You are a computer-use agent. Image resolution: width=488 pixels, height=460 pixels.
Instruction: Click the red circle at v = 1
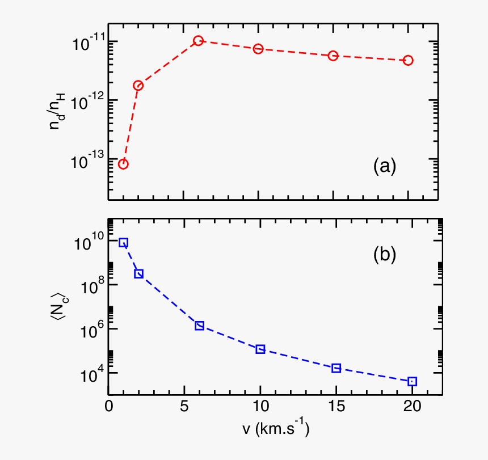(123, 164)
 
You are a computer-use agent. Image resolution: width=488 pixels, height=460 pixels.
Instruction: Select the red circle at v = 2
(138, 86)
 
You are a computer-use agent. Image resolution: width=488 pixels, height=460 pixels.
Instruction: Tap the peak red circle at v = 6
(198, 41)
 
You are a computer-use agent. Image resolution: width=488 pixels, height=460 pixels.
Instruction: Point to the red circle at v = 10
(258, 49)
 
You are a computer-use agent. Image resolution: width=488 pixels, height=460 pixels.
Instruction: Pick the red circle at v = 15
(333, 56)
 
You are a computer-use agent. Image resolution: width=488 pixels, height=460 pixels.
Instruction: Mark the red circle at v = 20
(408, 60)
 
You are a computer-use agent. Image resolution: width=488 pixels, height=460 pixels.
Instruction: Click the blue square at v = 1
(123, 243)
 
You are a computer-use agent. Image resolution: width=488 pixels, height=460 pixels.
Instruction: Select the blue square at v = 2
(138, 273)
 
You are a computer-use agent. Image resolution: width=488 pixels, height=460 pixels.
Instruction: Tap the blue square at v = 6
(199, 326)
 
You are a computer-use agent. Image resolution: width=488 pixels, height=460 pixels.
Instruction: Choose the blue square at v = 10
(260, 349)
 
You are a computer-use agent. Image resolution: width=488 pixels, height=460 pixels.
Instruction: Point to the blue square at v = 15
(336, 368)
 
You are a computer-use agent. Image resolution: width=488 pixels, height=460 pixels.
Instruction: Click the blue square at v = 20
(413, 381)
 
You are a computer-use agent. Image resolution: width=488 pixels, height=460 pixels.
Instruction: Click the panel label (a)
(384, 166)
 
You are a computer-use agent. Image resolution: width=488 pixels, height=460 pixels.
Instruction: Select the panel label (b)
(384, 255)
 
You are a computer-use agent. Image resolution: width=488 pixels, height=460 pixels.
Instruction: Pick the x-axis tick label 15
(336, 407)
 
